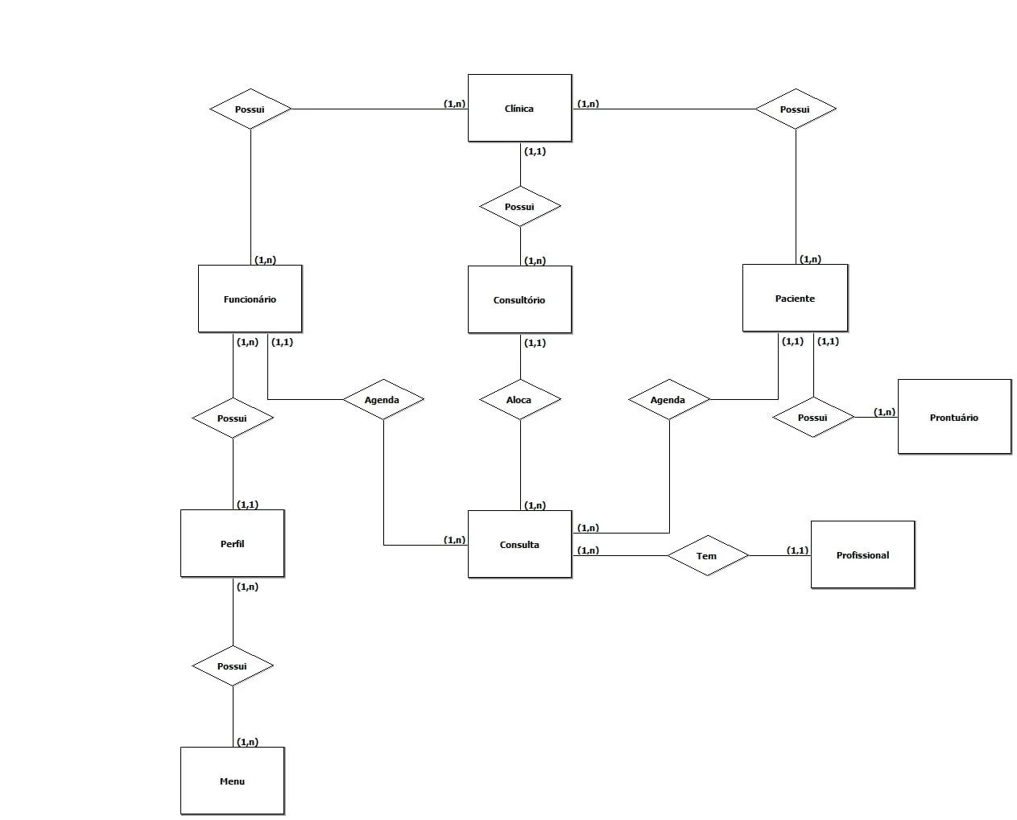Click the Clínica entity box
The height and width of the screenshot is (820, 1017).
519,108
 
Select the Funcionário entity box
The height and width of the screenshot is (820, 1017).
250,299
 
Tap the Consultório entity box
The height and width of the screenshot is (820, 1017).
519,299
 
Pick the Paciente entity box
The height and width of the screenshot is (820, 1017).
795,298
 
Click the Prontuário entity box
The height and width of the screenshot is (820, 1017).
954,417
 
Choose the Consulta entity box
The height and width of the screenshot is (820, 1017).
519,544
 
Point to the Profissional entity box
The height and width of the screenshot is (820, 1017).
862,554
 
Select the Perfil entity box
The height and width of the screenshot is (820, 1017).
232,543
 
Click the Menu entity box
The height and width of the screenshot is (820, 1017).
232,781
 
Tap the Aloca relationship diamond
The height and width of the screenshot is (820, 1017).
519,399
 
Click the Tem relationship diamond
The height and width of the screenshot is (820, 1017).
707,555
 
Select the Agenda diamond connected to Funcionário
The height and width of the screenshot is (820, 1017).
382,399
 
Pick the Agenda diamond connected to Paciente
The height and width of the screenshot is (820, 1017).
668,399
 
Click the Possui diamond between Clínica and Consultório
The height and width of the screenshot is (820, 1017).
519,207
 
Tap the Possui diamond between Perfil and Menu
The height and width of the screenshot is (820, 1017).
232,665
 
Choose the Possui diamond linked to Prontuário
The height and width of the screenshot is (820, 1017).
812,417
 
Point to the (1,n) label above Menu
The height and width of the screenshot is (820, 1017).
248,742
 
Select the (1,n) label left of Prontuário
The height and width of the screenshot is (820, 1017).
884,412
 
